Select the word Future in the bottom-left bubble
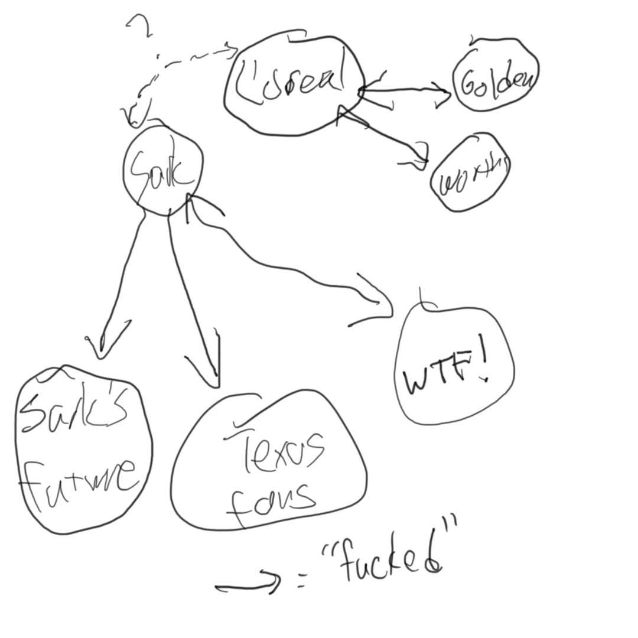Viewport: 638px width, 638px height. pyautogui.click(x=77, y=481)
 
